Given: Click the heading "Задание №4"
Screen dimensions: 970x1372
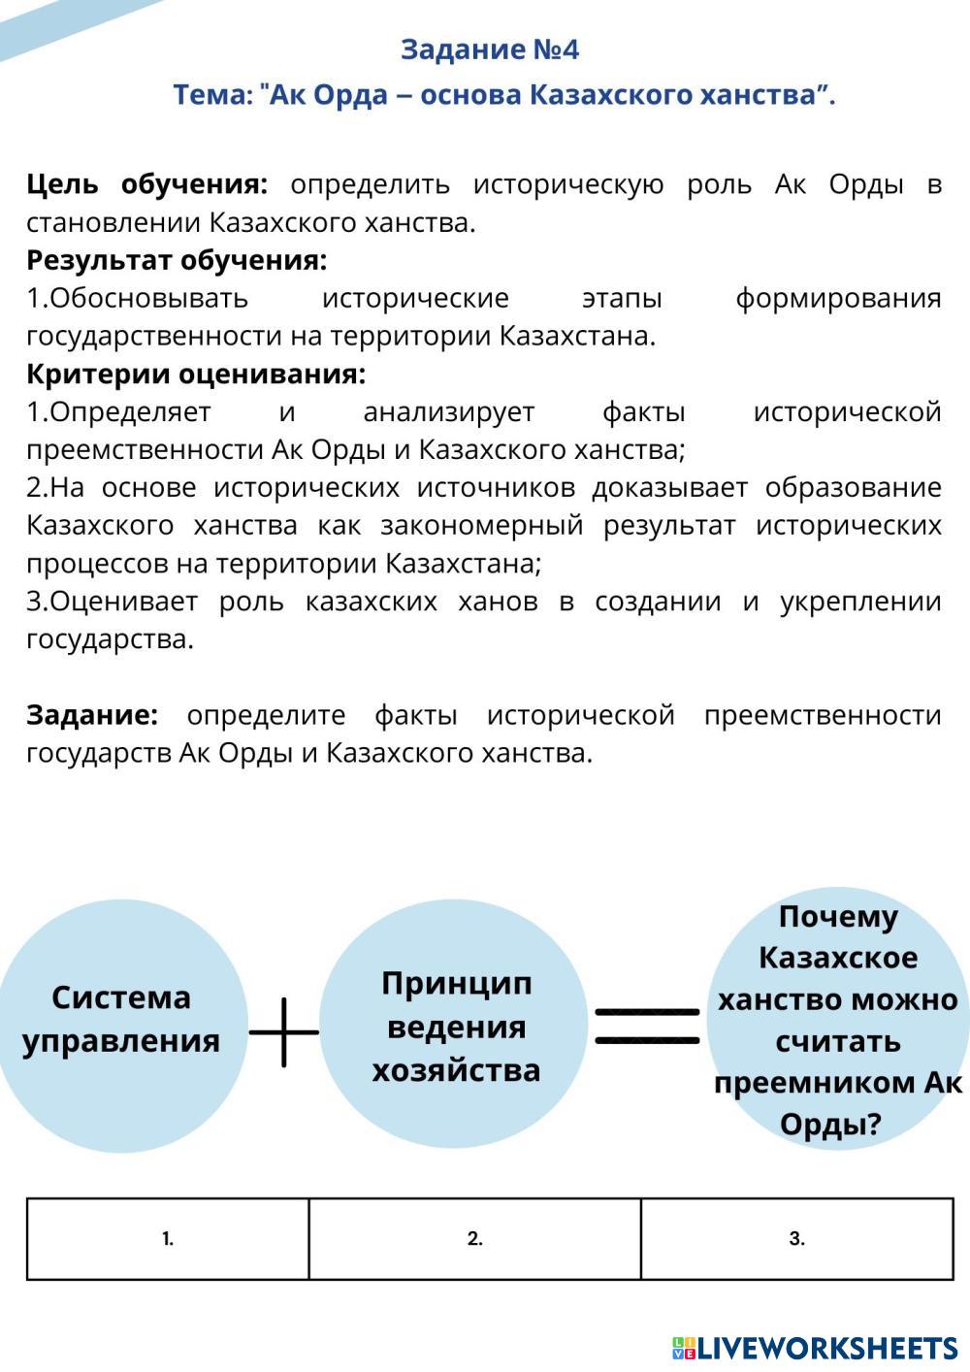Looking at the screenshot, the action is click(x=489, y=49).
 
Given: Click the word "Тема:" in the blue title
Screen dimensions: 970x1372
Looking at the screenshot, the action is click(x=213, y=95).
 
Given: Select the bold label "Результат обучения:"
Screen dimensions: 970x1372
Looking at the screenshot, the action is click(x=177, y=260).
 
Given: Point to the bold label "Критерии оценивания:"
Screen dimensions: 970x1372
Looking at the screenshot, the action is click(x=196, y=375).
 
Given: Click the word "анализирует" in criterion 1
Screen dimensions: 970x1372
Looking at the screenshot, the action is click(x=449, y=412).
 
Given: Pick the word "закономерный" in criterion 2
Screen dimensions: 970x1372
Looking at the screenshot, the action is click(x=482, y=526).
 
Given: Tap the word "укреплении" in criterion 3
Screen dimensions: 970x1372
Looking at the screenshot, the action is click(x=860, y=603).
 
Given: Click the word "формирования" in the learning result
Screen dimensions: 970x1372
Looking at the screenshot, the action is click(x=838, y=299).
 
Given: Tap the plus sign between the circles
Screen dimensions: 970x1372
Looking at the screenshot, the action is click(x=283, y=1032).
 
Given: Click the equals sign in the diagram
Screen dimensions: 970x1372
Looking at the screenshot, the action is click(x=647, y=1028).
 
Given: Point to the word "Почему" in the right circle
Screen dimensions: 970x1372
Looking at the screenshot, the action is click(x=838, y=918).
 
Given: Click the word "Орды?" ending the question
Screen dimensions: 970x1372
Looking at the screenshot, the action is click(x=830, y=1124).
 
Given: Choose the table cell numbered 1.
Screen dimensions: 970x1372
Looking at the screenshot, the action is click(x=168, y=1238).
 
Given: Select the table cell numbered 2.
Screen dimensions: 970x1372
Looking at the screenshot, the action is click(x=474, y=1238).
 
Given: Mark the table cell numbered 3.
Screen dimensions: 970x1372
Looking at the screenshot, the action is click(x=796, y=1238).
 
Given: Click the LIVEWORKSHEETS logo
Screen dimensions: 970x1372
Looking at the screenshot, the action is click(x=815, y=1348).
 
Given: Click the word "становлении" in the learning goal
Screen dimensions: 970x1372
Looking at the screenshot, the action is click(x=113, y=223).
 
